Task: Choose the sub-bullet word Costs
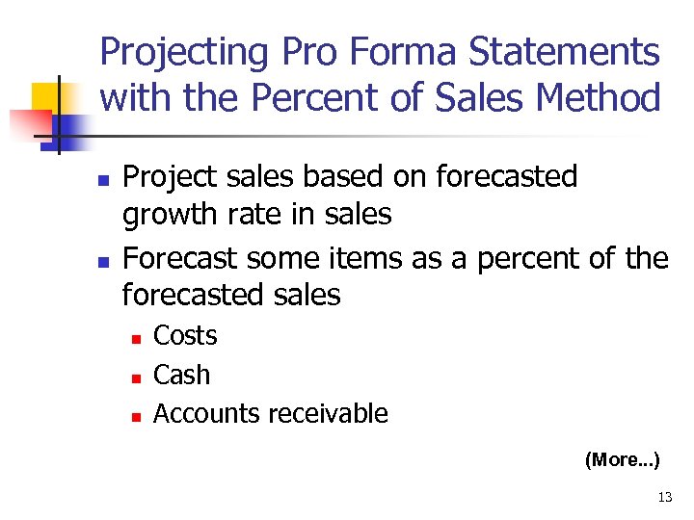coord(185,336)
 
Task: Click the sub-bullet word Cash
coord(181,375)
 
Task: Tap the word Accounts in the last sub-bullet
coord(207,414)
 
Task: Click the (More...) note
coord(622,460)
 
